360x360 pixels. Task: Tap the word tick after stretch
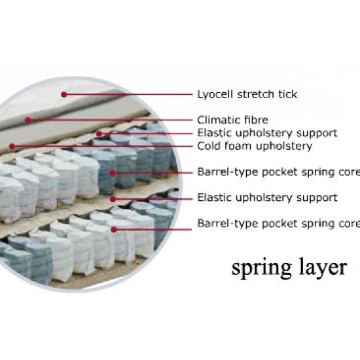pyautogui.click(x=288, y=94)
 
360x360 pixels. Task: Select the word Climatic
pyautogui.click(x=217, y=120)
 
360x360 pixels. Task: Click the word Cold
pyautogui.click(x=208, y=146)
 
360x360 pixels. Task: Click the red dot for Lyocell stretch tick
pyautogui.click(x=64, y=94)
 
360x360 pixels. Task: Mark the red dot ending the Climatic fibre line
pyautogui.click(x=27, y=120)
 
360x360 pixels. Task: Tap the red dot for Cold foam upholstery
pyautogui.click(x=12, y=146)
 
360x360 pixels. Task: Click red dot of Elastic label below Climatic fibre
pyautogui.click(x=99, y=134)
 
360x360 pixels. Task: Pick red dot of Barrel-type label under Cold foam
pyautogui.click(x=113, y=173)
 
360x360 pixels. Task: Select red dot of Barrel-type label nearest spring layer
pyautogui.click(x=114, y=229)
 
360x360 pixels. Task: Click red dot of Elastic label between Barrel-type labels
pyautogui.click(x=113, y=199)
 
